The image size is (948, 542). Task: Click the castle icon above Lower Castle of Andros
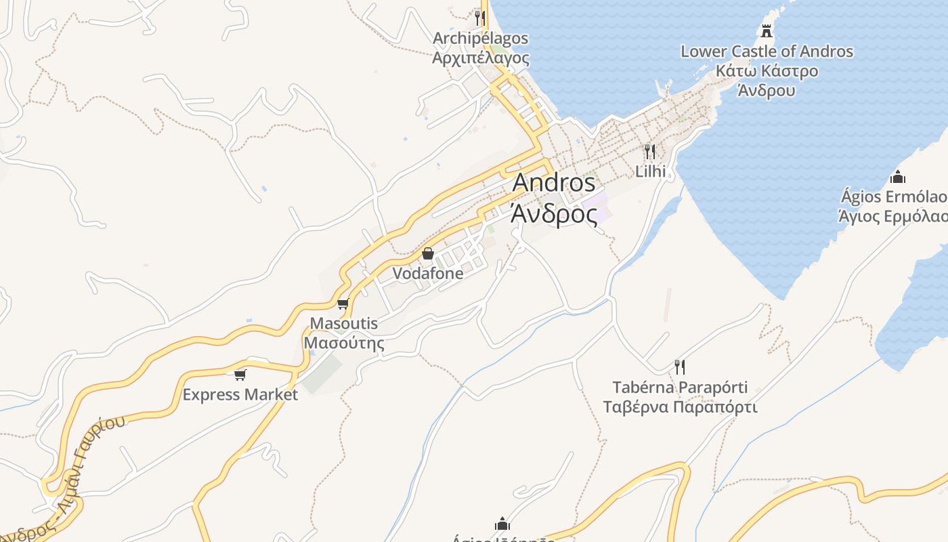pos(767,30)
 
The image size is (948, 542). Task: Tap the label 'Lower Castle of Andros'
pos(767,51)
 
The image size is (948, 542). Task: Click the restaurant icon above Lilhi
pos(650,151)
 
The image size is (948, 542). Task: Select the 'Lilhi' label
pos(650,171)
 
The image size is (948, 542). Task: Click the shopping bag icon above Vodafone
pos(428,254)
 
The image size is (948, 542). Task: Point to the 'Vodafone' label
pos(428,274)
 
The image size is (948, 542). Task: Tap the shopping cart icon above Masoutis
pos(343,304)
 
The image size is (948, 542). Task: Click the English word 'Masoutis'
pos(343,323)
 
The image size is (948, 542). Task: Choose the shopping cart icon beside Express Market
pos(240,375)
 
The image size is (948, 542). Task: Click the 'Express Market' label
pos(240,394)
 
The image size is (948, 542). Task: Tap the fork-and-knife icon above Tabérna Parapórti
pos(680,367)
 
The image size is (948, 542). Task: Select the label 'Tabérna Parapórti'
pos(680,388)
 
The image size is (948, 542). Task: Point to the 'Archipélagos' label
pos(480,39)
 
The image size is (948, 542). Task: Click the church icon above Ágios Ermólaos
pos(898,178)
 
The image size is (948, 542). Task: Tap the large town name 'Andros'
pos(554,183)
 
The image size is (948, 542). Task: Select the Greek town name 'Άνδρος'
pos(554,214)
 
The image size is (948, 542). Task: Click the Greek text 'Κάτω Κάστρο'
pos(767,71)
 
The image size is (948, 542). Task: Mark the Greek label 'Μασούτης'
pos(343,343)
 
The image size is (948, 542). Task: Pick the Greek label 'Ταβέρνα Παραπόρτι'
pos(680,407)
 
